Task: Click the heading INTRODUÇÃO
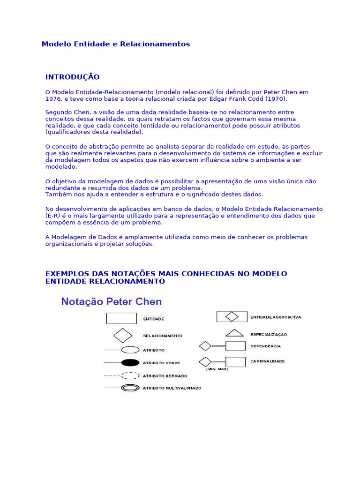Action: pyautogui.click(x=72, y=77)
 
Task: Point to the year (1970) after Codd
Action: pyautogui.click(x=276, y=99)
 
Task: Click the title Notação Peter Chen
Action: pyautogui.click(x=112, y=302)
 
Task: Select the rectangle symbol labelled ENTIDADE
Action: pyautogui.click(x=121, y=318)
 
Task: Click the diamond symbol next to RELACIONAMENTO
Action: pyautogui.click(x=123, y=335)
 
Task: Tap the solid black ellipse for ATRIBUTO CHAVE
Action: pyautogui.click(x=130, y=362)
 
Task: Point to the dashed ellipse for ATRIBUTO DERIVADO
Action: pyautogui.click(x=130, y=375)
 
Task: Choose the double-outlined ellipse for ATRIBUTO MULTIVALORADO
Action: pyautogui.click(x=130, y=388)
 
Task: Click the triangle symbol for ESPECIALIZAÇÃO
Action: pyautogui.click(x=234, y=333)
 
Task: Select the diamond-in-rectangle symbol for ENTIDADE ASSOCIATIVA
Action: pyautogui.click(x=232, y=317)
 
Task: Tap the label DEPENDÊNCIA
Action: pyautogui.click(x=265, y=346)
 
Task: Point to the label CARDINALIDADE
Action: pyautogui.click(x=267, y=361)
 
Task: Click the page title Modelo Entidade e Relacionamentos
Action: pyautogui.click(x=116, y=44)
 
